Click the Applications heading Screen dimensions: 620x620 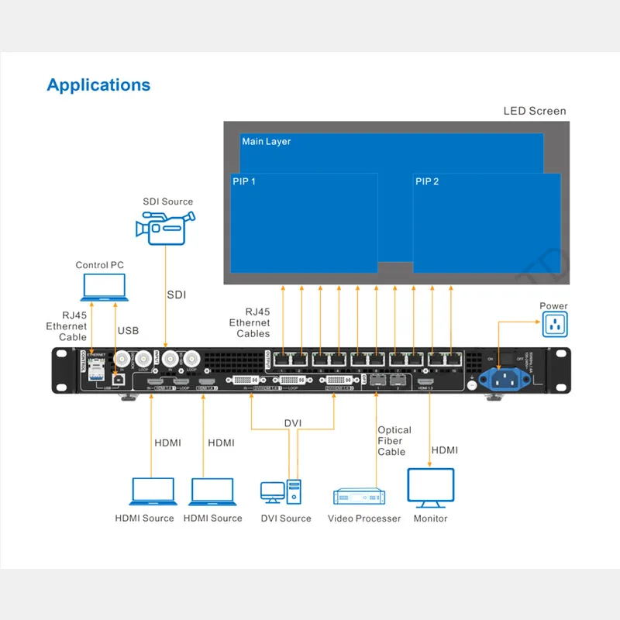[98, 84]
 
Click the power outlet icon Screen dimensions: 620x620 [555, 325]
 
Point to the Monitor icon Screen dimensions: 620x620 [430, 487]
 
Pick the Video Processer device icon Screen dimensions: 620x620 [359, 496]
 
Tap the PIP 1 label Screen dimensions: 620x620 [244, 181]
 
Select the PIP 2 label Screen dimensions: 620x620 [427, 181]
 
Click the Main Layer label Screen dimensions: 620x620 [267, 142]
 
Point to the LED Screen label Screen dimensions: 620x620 [535, 111]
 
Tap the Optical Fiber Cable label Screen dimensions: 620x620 [394, 441]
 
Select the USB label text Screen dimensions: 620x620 [128, 331]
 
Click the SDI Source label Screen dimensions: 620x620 [167, 201]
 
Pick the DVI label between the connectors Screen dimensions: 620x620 [292, 422]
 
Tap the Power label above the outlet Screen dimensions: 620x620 [554, 306]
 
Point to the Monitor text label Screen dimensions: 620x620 [430, 518]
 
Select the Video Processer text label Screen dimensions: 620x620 [364, 518]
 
